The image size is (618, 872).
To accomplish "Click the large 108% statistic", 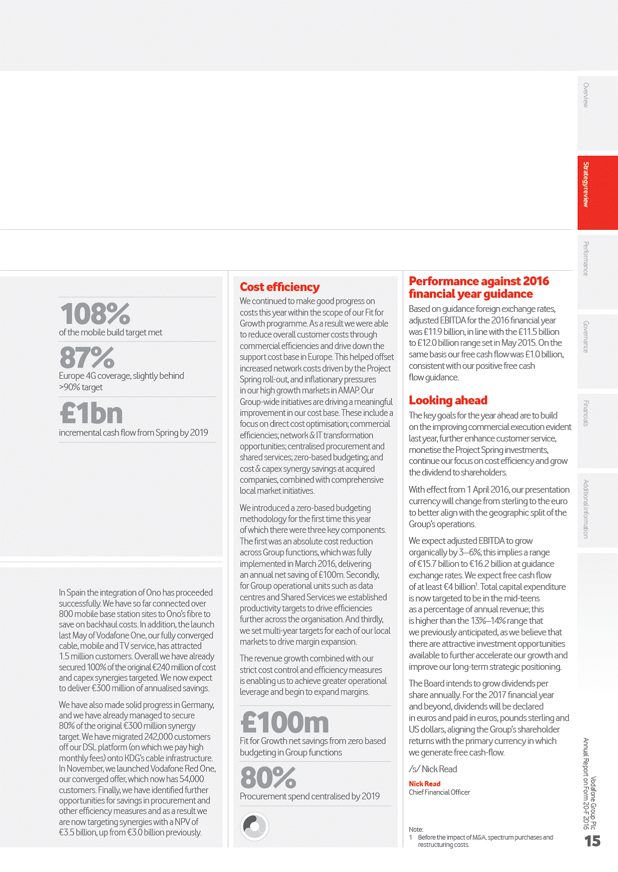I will [95, 313].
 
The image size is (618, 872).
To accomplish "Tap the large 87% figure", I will [87, 357].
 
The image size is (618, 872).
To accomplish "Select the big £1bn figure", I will [91, 413].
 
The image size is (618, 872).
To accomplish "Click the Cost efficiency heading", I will [279, 287].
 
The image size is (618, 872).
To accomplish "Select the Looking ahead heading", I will [448, 400].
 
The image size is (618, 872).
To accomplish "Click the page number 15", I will [592, 841].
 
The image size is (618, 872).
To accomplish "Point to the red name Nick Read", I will [424, 784].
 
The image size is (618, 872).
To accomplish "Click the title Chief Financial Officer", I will [439, 793].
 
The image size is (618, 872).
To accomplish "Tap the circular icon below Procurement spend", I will [254, 826].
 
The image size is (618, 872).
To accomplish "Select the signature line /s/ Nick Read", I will [433, 769].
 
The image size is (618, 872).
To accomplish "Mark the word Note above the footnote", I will [416, 829].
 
